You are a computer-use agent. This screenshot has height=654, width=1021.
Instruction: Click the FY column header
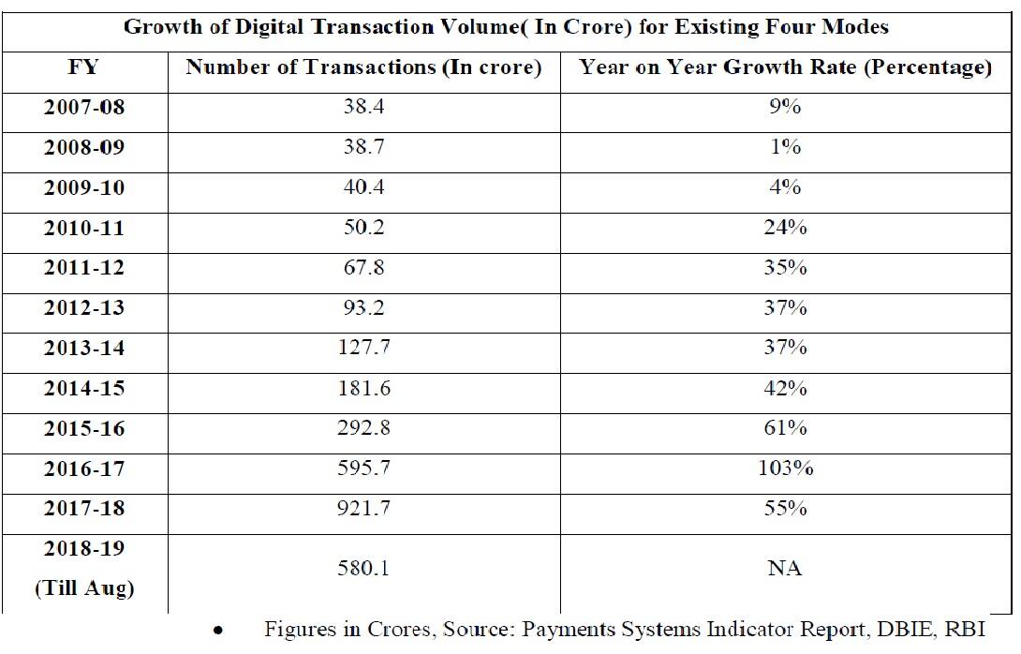[83, 67]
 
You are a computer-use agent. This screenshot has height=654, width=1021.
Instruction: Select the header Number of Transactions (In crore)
[363, 67]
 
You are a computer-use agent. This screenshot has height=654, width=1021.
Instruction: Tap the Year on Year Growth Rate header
[784, 67]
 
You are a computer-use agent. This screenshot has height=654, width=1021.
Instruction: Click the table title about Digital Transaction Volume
[506, 26]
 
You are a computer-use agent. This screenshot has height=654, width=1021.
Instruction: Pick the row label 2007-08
[83, 108]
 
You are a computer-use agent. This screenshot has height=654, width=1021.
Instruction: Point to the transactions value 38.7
[363, 148]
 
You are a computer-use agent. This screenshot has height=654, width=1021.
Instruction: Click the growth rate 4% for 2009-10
[784, 187]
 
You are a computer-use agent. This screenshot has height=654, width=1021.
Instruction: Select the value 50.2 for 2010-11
[363, 228]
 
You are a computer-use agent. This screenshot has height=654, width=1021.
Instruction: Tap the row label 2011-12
[83, 268]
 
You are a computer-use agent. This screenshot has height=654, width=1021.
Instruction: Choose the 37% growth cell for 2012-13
[784, 308]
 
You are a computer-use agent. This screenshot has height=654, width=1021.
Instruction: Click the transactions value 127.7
[363, 349]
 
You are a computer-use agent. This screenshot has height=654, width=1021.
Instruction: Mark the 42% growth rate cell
[784, 388]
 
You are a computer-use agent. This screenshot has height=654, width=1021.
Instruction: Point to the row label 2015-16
[83, 428]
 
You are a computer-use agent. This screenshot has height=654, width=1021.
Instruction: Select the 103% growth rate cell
[784, 468]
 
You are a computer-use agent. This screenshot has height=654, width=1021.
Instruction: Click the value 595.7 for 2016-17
[363, 468]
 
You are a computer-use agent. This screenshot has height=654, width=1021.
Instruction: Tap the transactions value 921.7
[363, 509]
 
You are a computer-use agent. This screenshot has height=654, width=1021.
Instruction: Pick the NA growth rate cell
[784, 569]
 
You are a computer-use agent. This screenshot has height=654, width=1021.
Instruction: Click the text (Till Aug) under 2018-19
[83, 588]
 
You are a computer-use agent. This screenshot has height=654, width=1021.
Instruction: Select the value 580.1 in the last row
[363, 569]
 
